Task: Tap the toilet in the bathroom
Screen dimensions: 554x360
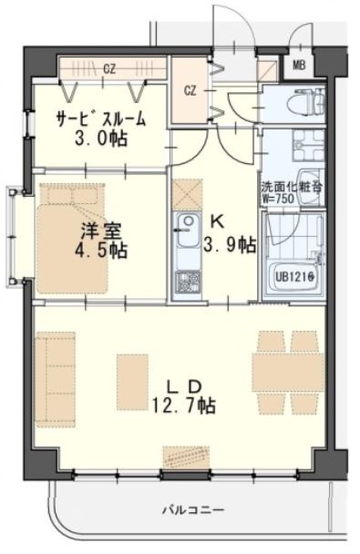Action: tap(300, 103)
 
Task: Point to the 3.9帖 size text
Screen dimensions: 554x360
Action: tap(230, 243)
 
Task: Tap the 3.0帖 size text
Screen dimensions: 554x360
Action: tap(100, 140)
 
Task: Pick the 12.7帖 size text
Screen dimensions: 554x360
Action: tap(185, 403)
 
